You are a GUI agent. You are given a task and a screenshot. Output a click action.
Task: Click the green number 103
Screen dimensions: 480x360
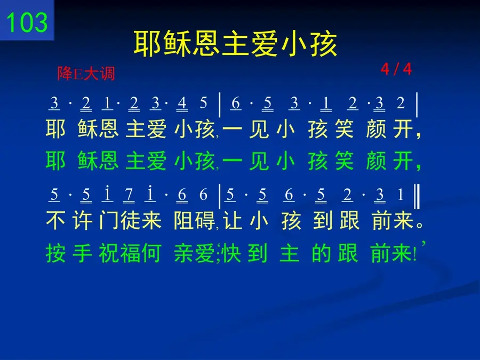pos(27,22)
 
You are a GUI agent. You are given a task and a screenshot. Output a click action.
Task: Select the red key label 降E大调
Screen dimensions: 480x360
pos(86,74)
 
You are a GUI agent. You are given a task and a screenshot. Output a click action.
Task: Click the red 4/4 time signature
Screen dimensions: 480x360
pos(396,69)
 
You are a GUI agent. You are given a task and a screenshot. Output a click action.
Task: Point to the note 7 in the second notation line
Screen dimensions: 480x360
pos(129,194)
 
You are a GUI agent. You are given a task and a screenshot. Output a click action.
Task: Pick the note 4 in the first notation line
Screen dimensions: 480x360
pos(182,103)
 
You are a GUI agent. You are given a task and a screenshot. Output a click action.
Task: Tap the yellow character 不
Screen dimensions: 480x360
pos(55,220)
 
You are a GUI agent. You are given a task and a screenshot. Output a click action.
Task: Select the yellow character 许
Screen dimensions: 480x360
pos(83,220)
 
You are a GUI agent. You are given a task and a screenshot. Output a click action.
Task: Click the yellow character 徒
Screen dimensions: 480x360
pos(131,220)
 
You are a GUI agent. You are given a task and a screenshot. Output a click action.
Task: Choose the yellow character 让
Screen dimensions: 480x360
pos(233,220)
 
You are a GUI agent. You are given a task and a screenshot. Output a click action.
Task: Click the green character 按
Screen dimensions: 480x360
pos(55,253)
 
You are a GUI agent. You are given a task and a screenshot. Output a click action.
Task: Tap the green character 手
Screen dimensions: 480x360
pos(83,253)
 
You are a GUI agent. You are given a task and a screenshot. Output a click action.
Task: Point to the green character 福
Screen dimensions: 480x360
pos(131,253)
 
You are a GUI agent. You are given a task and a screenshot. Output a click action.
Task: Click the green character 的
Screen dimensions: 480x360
pos(322,253)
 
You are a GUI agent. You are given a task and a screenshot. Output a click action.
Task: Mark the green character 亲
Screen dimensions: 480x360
pos(183,253)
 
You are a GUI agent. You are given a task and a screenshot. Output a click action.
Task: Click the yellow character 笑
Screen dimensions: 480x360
pos(345,129)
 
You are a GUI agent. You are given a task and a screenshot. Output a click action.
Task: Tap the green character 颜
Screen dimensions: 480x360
pos(376,161)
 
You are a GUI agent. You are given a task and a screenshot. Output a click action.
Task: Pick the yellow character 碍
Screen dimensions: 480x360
pos(205,220)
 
